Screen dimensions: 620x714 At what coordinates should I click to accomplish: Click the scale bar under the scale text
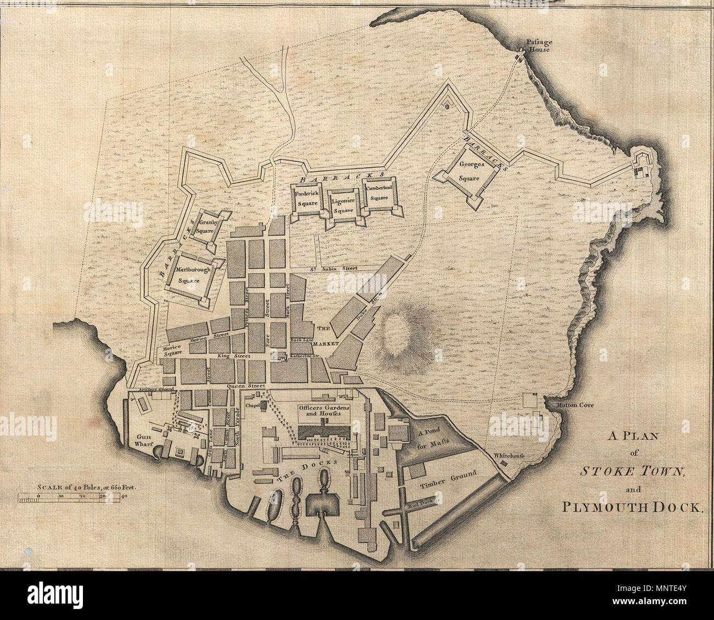pyautogui.click(x=69, y=498)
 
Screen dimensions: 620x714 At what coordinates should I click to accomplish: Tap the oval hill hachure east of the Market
pyautogui.click(x=397, y=331)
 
